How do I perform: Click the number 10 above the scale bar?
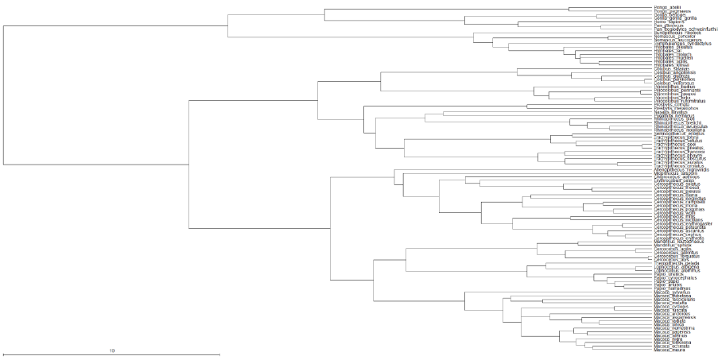(x=112, y=350)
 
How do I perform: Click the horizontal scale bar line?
(x=111, y=355)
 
